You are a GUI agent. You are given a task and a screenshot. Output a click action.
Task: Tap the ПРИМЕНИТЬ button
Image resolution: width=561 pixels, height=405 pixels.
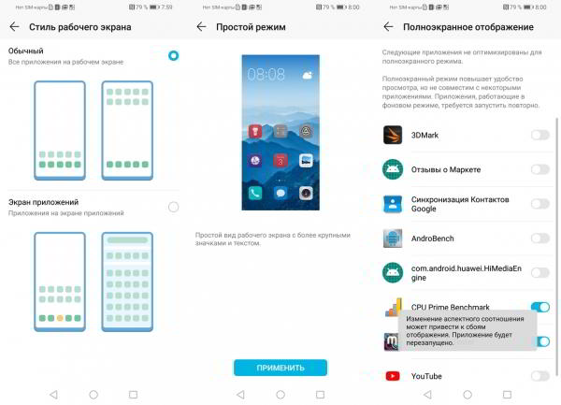click(280, 368)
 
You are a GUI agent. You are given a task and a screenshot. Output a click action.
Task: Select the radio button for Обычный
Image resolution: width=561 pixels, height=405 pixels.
click(173, 56)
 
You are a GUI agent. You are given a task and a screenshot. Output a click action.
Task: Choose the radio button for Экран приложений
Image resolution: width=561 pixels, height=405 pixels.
click(173, 207)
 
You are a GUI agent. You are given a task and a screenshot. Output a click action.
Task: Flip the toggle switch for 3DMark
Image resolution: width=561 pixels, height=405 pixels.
click(539, 135)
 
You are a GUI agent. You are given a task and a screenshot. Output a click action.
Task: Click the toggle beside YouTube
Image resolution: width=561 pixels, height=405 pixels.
click(539, 376)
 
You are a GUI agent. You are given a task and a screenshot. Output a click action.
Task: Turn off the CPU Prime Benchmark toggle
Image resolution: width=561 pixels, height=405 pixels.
click(539, 307)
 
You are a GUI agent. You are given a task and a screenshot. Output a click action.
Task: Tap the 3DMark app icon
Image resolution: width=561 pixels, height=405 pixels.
click(393, 135)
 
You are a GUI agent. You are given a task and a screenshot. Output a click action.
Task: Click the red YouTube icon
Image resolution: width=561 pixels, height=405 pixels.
click(393, 376)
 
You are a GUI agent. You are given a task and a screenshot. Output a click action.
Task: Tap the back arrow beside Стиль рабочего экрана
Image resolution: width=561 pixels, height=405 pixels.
click(13, 27)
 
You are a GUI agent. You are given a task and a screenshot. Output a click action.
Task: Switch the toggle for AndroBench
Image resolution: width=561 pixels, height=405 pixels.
click(539, 239)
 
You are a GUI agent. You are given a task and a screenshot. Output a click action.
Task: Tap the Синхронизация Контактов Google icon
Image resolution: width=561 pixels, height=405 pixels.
click(393, 204)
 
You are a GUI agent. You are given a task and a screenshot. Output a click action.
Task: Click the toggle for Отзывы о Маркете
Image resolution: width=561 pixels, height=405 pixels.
click(539, 169)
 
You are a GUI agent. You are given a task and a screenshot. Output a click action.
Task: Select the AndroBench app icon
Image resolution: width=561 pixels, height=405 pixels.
click(393, 239)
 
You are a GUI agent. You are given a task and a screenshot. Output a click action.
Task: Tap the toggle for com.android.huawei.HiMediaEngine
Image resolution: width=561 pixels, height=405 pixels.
click(539, 272)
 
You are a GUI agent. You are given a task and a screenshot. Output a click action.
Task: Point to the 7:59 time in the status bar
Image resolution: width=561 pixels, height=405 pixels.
click(165, 7)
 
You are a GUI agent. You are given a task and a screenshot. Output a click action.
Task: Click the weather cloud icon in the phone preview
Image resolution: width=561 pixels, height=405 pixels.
click(307, 72)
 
